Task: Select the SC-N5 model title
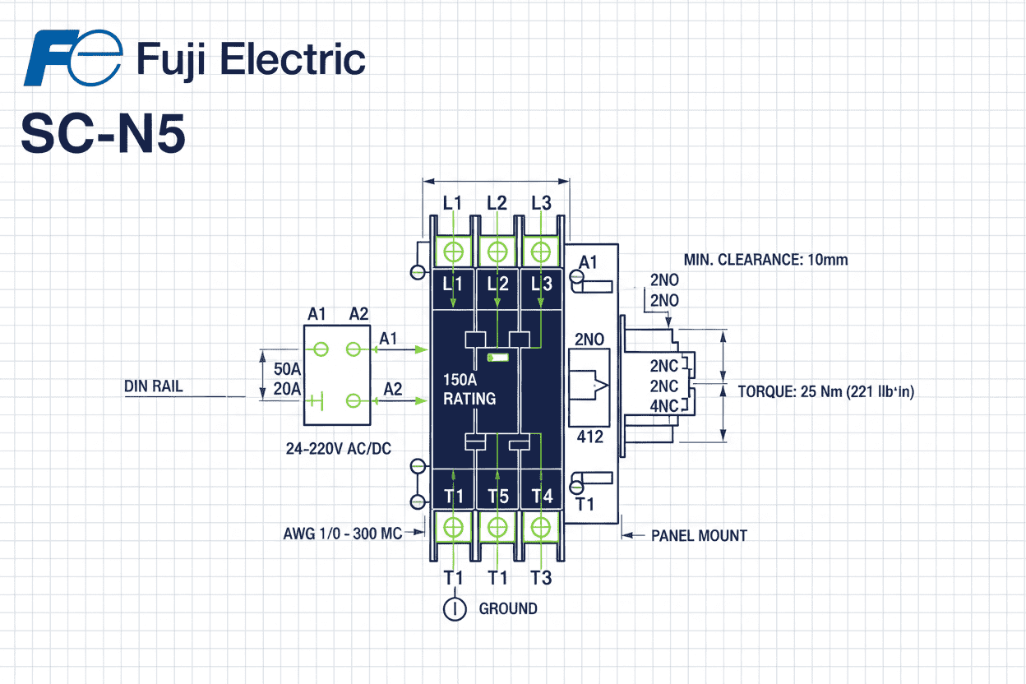[103, 133]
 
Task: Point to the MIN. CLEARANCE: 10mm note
[765, 260]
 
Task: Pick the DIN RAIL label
[154, 386]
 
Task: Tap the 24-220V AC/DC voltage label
[340, 451]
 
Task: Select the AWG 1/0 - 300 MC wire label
[343, 534]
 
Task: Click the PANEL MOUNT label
[699, 535]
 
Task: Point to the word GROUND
[508, 609]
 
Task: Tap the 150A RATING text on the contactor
[469, 390]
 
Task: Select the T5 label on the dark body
[497, 496]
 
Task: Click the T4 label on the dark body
[541, 496]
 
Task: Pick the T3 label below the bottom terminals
[541, 578]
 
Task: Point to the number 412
[589, 437]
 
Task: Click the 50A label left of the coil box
[287, 368]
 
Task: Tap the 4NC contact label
[664, 405]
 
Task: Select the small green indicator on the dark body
[499, 358]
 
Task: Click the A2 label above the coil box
[359, 313]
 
